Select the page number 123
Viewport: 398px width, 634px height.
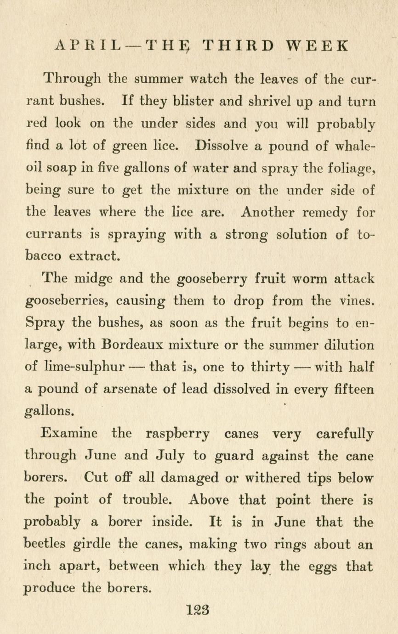pos(199,610)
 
